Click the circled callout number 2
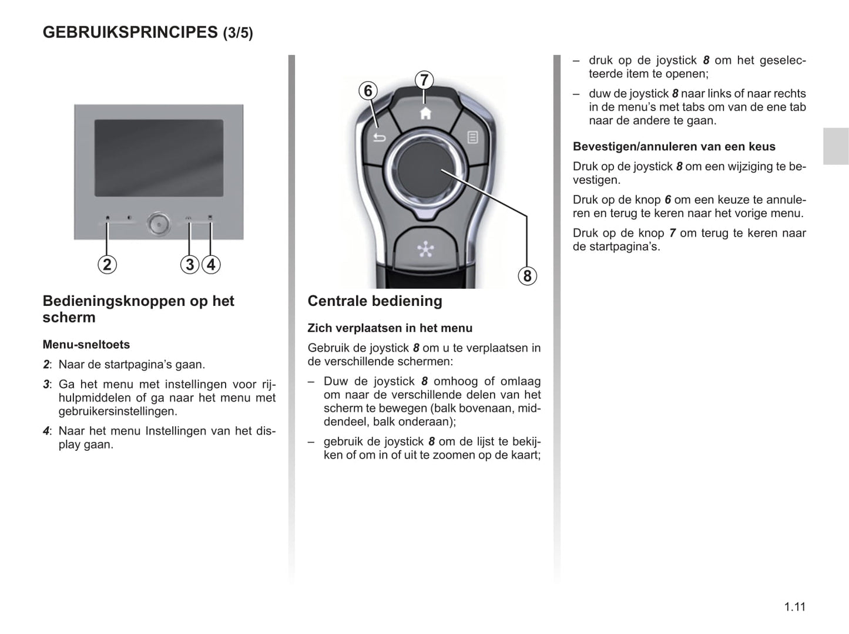tap(107, 265)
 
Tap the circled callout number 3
tap(189, 265)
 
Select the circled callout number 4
tap(211, 265)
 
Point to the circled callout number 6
tap(368, 91)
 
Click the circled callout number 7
tap(424, 80)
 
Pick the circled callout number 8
tap(527, 276)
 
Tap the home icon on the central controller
tap(425, 113)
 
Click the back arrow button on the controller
tap(380, 137)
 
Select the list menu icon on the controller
tap(472, 137)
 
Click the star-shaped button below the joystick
tap(425, 249)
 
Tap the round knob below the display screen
tap(159, 224)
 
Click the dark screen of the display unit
tap(159, 158)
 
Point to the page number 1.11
tap(794, 607)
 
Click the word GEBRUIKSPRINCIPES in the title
tap(130, 32)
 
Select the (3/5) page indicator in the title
tap(238, 33)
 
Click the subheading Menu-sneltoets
tap(86, 345)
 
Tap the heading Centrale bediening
tap(375, 301)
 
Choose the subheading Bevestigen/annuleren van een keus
tap(674, 147)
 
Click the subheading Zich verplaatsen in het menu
tap(390, 328)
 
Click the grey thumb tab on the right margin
tap(835, 146)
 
